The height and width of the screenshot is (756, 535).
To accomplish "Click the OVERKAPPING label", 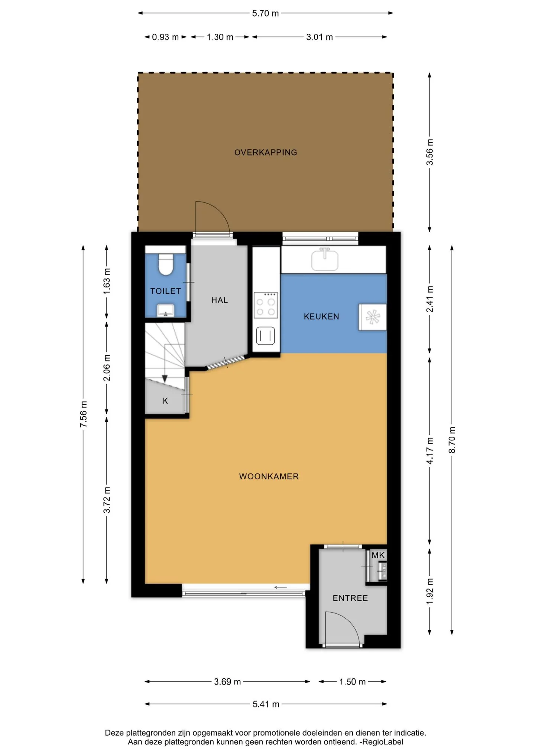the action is click(266, 152).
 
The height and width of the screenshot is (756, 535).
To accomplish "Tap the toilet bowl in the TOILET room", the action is click(166, 264).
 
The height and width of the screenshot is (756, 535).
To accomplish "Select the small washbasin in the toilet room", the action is click(166, 310).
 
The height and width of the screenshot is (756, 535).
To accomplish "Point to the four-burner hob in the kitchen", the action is click(266, 305).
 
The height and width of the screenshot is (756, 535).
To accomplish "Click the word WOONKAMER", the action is click(269, 476).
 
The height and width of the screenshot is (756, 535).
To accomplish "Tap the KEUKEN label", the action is click(321, 316).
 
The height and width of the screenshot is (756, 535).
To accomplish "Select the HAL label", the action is click(220, 300).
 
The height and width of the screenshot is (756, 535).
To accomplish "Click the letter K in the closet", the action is click(165, 401).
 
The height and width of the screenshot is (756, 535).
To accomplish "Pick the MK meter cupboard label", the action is click(378, 555).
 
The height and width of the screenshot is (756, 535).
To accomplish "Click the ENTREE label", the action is click(350, 598).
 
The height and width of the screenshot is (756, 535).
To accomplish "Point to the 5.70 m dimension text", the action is click(265, 13).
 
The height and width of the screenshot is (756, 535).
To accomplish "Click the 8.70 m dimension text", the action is click(452, 440).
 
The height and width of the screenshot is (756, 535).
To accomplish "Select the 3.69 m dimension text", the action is click(227, 682).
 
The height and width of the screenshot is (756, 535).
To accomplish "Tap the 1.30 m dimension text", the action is click(220, 37).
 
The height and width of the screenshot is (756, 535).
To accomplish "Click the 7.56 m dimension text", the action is click(84, 414).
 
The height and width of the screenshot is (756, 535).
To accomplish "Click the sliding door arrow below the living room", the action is click(281, 587).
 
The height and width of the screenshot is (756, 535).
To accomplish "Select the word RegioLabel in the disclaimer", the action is click(383, 742).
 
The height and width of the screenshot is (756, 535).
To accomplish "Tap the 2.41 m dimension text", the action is click(430, 299).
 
